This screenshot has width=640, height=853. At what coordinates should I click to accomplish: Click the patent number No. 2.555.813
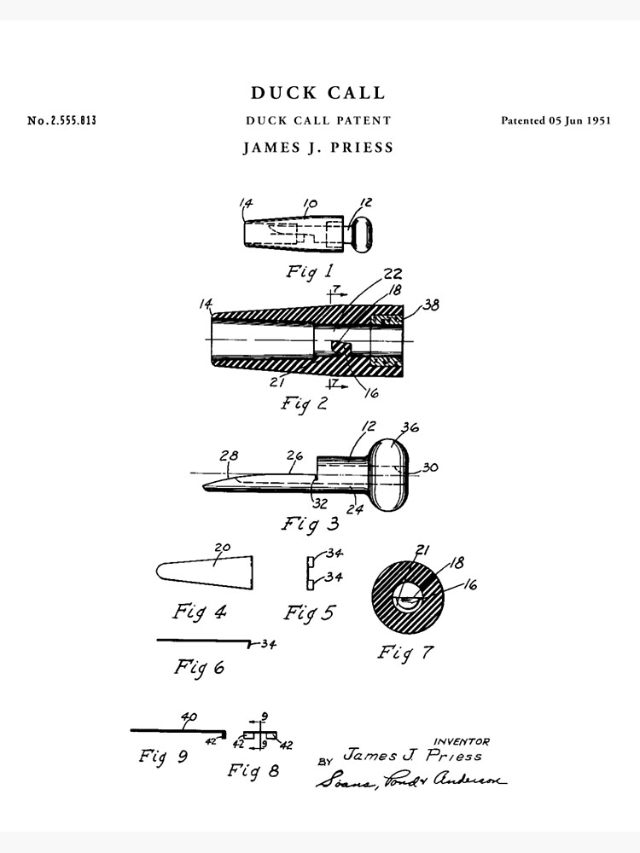[x=61, y=120]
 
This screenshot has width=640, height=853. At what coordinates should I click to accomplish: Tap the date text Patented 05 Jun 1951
[x=556, y=120]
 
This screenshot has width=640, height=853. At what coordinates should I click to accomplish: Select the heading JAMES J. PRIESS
[x=319, y=148]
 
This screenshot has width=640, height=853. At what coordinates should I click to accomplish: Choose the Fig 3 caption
[x=311, y=523]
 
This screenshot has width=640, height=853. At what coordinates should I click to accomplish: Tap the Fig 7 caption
[x=405, y=653]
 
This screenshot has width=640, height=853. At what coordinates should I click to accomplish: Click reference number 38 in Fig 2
[x=431, y=305]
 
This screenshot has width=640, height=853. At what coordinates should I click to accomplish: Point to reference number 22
[x=393, y=274]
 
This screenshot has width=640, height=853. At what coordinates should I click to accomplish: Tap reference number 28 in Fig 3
[x=229, y=456]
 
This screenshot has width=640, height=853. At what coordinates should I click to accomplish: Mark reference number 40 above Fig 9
[x=188, y=717]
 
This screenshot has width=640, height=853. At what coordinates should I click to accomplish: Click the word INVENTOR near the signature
[x=462, y=741]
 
